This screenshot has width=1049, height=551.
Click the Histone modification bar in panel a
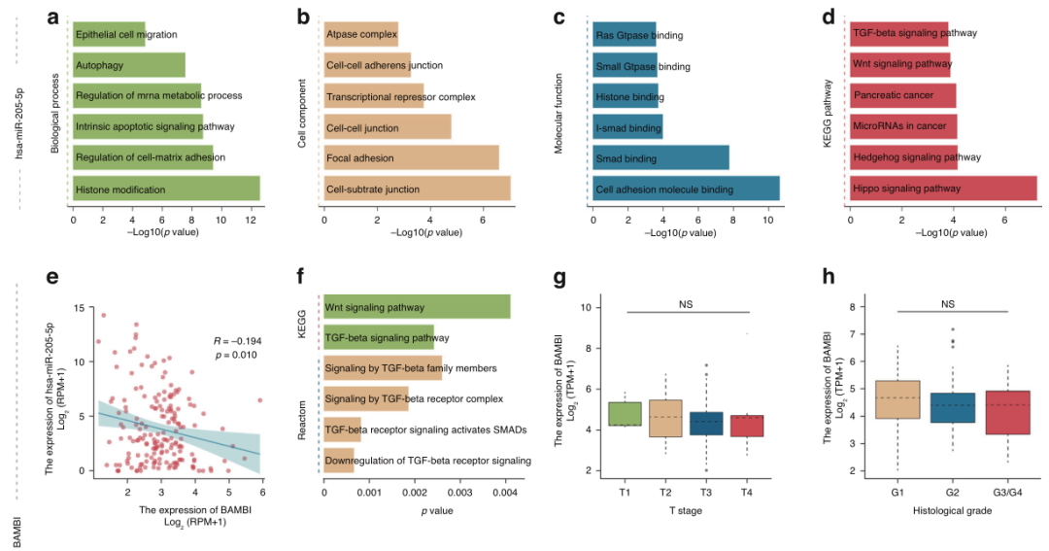point(165,189)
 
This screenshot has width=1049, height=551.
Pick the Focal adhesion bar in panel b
point(411,158)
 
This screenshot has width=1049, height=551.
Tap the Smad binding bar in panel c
point(660,158)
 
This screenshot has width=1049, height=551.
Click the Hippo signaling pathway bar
point(942,189)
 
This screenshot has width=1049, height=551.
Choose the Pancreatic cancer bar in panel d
point(902,96)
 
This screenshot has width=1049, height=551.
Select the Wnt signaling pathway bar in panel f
point(417,307)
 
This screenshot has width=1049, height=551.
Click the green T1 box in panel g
point(625,413)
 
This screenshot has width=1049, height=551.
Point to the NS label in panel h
point(948,303)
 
